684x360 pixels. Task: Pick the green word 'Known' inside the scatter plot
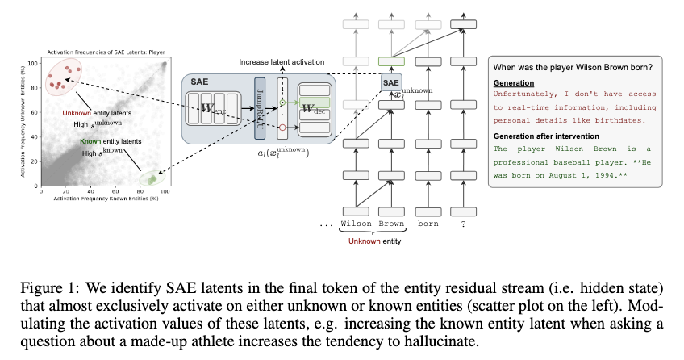(x=90, y=141)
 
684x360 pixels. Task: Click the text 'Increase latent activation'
(x=281, y=62)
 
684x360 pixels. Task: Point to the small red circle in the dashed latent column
(x=282, y=127)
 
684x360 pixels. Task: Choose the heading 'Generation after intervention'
(x=540, y=135)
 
